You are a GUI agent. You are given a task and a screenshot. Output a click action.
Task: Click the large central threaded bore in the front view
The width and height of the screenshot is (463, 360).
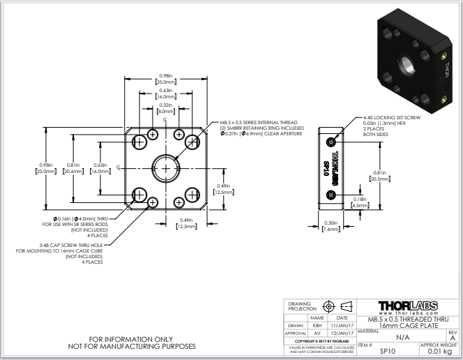point(165,168)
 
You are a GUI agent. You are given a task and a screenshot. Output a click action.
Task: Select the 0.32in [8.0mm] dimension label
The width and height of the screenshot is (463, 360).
point(165,107)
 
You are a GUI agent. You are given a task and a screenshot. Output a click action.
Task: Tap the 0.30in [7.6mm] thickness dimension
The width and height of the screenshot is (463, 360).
point(331,225)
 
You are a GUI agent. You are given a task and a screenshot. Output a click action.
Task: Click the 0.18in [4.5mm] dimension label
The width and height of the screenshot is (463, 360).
point(359,202)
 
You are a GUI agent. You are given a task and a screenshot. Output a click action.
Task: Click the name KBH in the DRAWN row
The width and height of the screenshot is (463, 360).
point(317,325)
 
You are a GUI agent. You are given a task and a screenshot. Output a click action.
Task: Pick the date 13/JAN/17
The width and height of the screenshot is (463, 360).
point(342,333)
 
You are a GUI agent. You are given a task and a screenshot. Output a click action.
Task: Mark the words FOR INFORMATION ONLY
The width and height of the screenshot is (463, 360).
point(132,338)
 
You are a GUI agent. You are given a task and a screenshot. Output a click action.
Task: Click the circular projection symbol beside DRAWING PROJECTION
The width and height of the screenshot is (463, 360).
point(328,306)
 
